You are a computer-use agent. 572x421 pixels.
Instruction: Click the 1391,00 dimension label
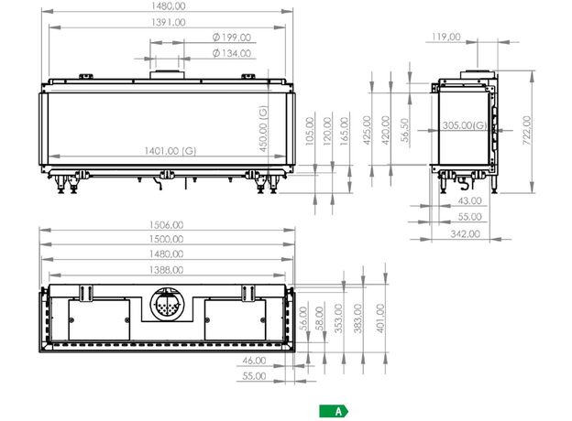pyautogui.click(x=168, y=22)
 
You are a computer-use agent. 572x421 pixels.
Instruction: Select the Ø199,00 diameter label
pyautogui.click(x=232, y=38)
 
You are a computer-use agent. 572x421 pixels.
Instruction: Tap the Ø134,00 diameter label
pyautogui.click(x=232, y=53)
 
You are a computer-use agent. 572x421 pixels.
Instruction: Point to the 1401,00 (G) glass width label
pyautogui.click(x=170, y=151)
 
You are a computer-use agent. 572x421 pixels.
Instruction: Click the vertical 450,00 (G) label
pyautogui.click(x=263, y=128)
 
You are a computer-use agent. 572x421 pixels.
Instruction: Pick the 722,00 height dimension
pyautogui.click(x=527, y=130)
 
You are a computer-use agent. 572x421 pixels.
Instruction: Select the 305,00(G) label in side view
pyautogui.click(x=465, y=125)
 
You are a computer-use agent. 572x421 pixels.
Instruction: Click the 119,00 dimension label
pyautogui.click(x=446, y=37)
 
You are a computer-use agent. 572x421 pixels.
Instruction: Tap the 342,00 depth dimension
pyautogui.click(x=465, y=233)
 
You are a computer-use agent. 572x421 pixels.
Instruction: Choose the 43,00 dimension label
pyautogui.click(x=470, y=200)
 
